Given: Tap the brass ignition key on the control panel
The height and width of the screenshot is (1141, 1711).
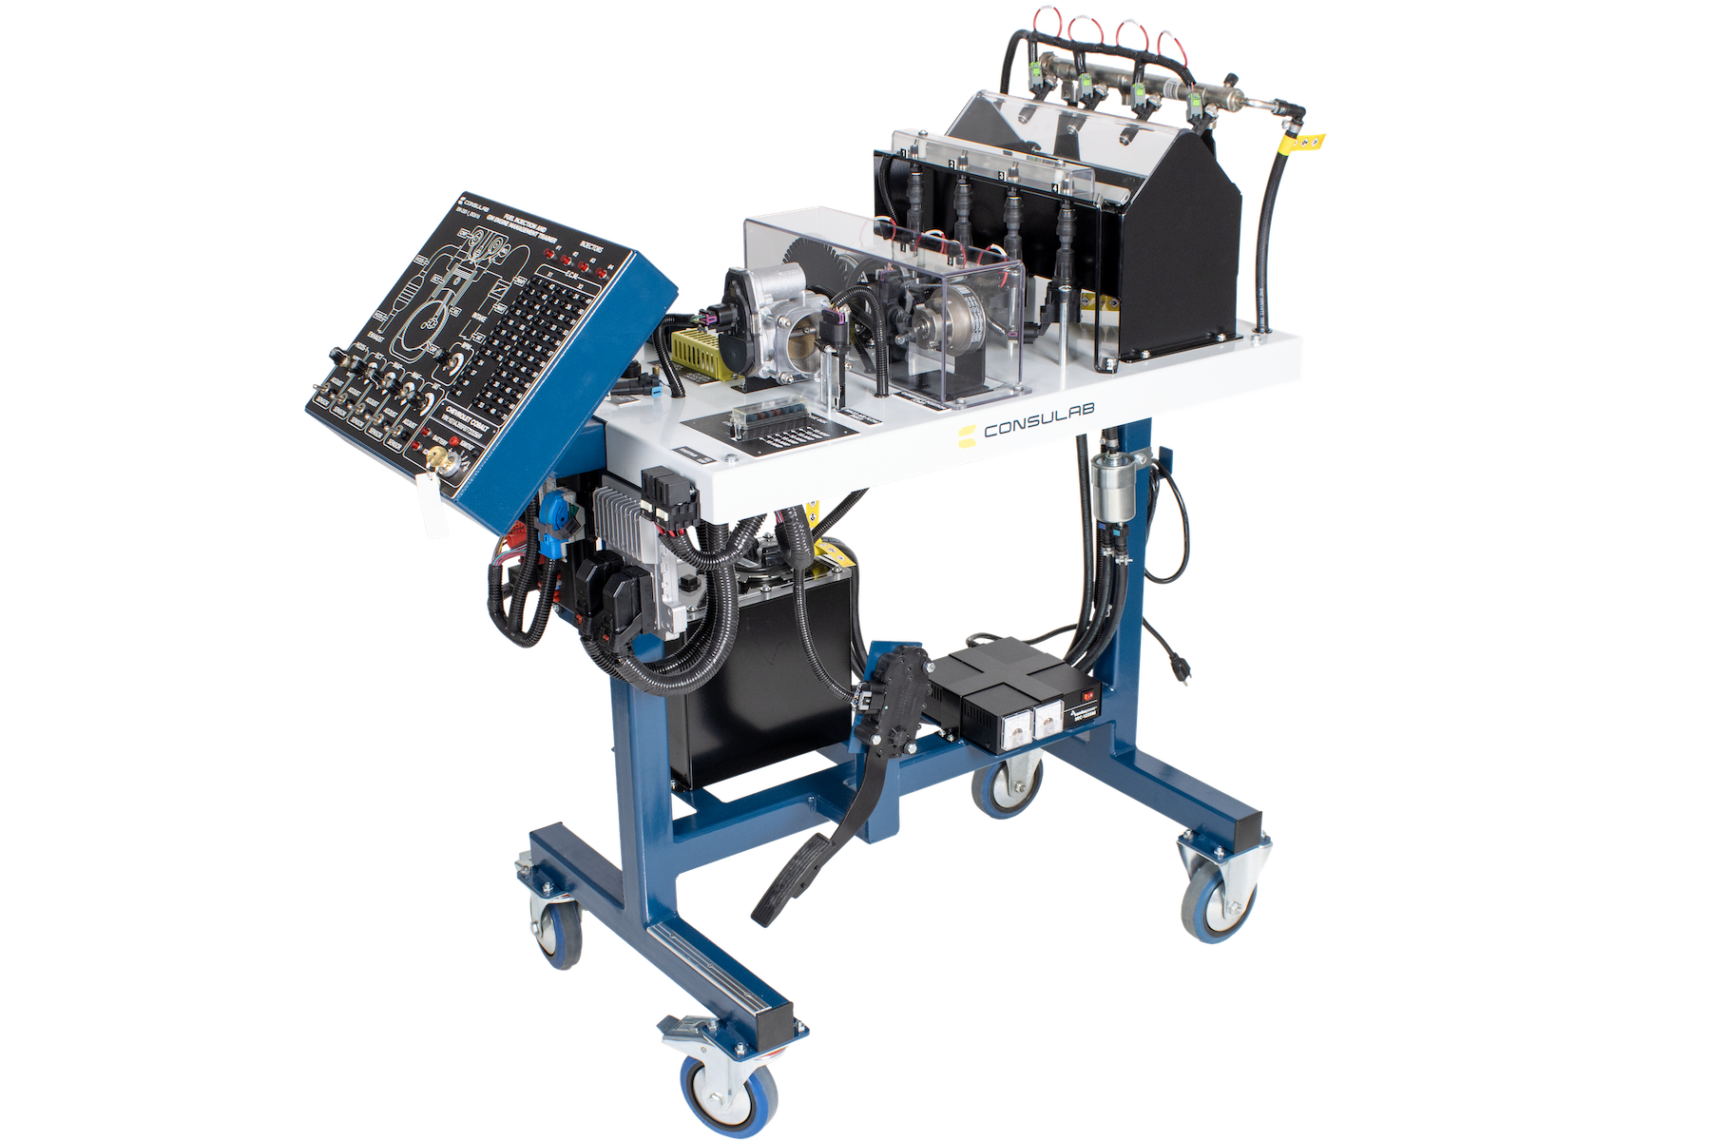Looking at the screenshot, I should point(439,460).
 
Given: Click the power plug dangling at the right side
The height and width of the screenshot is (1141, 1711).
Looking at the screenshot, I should point(1179,671).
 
